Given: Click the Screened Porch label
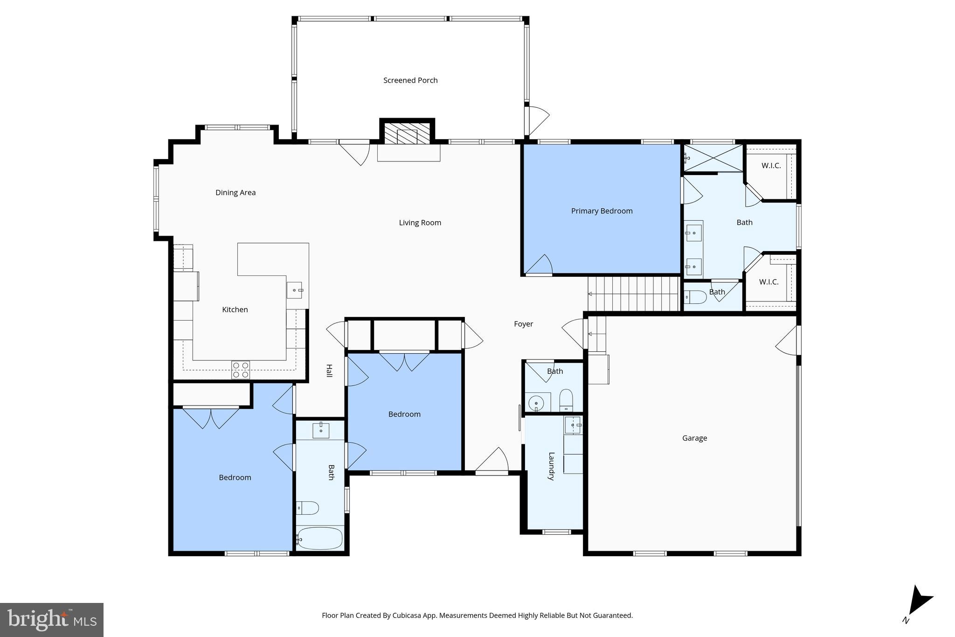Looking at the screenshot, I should coord(410,80).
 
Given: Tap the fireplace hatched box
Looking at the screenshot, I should coord(407,133).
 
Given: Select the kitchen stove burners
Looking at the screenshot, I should coord(241,370).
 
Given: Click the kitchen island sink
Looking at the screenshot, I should coord(294,290).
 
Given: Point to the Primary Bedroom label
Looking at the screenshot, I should coord(602,211).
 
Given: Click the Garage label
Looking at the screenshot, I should coord(694,438).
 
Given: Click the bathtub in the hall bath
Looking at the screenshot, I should coord(320,539).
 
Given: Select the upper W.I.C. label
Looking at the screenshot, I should coord(771,166).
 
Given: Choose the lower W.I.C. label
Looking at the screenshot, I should coord(768,282).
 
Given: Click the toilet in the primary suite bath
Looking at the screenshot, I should coord(695,297).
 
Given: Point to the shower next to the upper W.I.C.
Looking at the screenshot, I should coord(713,158).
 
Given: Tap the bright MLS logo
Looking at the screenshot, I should coord(51,620).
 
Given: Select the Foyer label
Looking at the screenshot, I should coord(523,324).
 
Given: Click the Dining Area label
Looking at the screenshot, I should coord(235,192).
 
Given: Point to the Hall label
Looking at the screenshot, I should coord(329,371).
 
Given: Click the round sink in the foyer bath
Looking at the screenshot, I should coord(537,403).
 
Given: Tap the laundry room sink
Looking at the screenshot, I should coord(573,425).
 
